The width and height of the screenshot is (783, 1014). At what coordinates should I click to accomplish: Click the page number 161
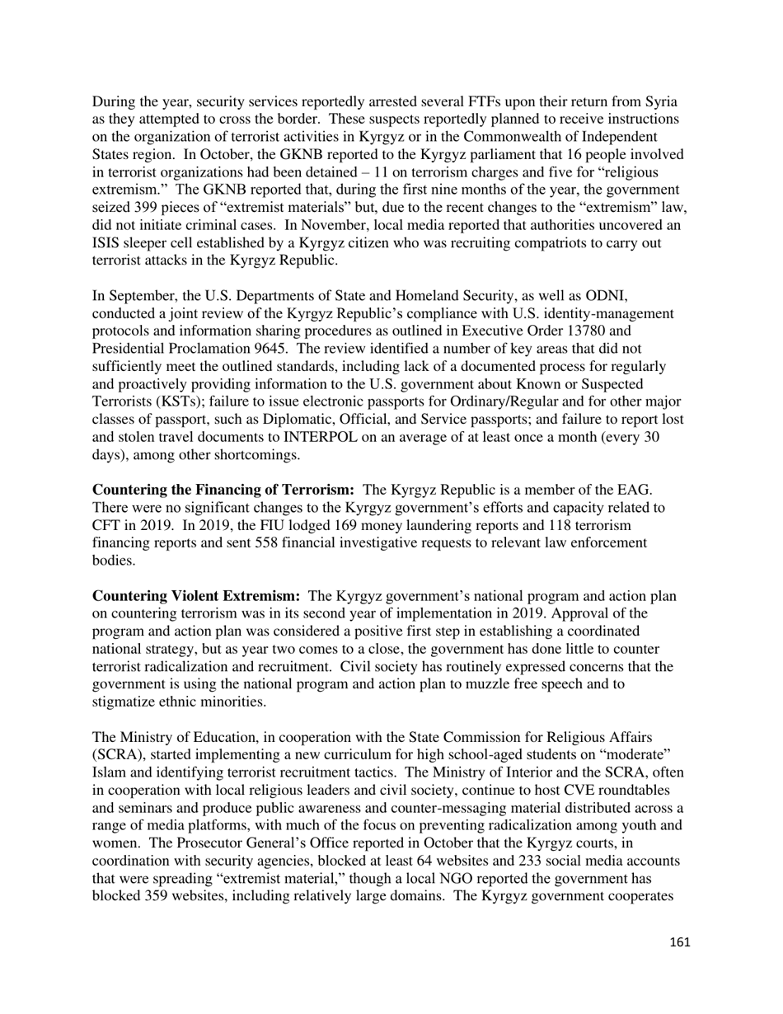(679, 942)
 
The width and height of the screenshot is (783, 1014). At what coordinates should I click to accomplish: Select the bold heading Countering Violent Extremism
(196, 596)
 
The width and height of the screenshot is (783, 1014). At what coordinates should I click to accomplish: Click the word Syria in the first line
(658, 101)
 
